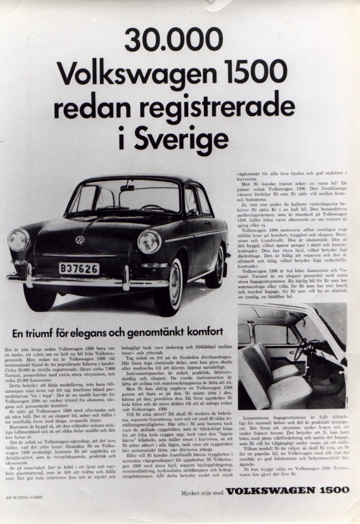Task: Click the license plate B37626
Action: coord(79,269)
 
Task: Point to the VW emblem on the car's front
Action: coord(80,239)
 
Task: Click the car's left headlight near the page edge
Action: coord(18,240)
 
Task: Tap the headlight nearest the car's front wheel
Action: coord(149,242)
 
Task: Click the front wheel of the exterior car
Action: coord(170,288)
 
